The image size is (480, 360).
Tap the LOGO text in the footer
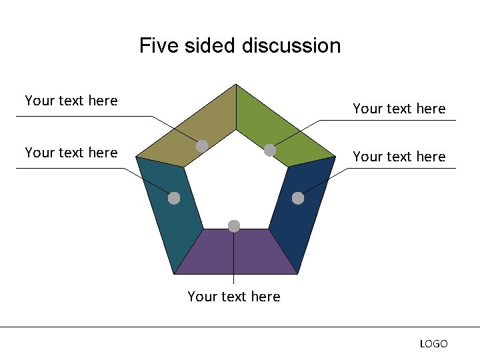click(x=433, y=344)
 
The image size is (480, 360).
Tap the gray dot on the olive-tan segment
click(x=202, y=145)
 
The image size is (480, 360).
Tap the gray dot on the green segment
click(x=270, y=151)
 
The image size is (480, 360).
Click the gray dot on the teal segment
click(x=174, y=198)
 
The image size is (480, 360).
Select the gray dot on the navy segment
click(x=298, y=198)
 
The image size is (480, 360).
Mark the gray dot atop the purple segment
click(x=234, y=226)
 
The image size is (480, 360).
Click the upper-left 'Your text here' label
click(x=71, y=101)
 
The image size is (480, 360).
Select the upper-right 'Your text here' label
click(x=399, y=109)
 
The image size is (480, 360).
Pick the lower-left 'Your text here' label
click(x=71, y=153)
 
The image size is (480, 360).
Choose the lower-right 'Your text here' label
click(x=399, y=157)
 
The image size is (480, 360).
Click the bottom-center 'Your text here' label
click(x=234, y=297)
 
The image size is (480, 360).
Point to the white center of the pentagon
click(x=235, y=180)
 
